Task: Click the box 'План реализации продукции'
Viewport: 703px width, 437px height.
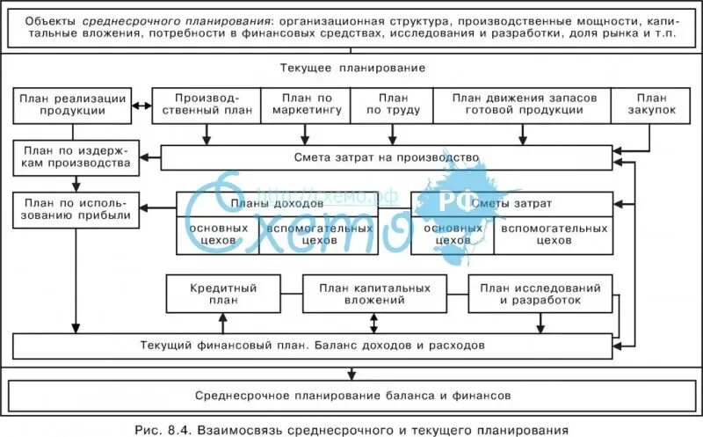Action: tap(73, 105)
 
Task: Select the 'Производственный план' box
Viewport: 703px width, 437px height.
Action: tap(207, 105)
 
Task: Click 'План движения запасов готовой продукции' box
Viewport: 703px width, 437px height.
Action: tap(524, 105)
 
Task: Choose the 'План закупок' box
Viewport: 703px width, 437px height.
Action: tap(651, 105)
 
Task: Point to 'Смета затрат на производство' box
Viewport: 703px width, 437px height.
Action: tap(387, 157)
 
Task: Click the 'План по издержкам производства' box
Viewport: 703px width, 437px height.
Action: tap(76, 157)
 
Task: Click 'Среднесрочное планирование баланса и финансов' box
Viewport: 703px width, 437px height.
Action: tap(352, 397)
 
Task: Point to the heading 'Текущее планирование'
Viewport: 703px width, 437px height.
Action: tap(353, 68)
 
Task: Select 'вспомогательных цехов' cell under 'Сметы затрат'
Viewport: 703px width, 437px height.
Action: tap(554, 233)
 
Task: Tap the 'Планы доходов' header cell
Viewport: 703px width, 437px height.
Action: tap(278, 203)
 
